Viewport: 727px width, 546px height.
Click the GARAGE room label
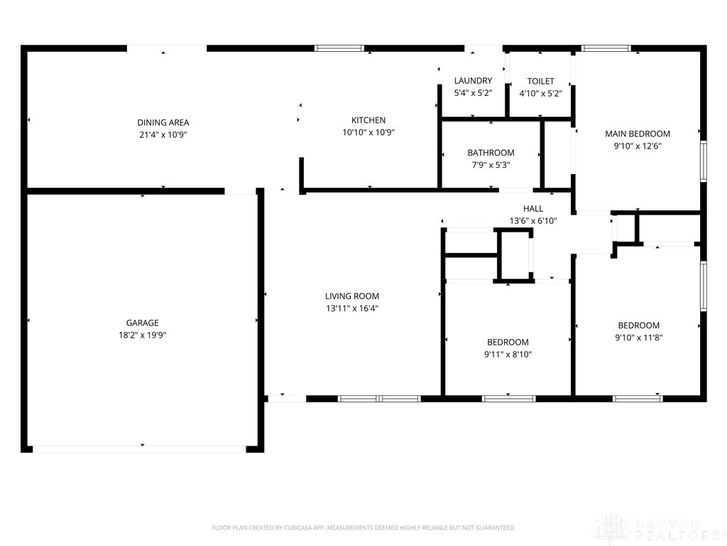(x=143, y=323)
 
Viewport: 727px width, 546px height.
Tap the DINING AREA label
(x=163, y=122)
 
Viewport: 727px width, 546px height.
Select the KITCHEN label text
(x=368, y=120)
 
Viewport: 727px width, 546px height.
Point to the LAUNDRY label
(x=473, y=81)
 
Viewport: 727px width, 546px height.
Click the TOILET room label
(x=540, y=81)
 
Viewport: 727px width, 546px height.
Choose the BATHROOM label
(x=491, y=153)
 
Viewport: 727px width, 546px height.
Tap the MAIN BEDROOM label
(x=637, y=134)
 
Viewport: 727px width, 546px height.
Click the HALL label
(x=533, y=208)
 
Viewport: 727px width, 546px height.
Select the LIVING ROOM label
(x=352, y=296)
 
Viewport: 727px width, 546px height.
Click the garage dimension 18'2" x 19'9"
(x=143, y=335)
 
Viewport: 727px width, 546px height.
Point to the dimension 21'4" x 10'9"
(x=163, y=134)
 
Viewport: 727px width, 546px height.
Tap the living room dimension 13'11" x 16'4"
(x=352, y=309)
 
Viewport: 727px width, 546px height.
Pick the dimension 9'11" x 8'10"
(x=508, y=354)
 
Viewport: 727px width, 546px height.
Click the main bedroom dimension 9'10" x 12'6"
(x=637, y=146)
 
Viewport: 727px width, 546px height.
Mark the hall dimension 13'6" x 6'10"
(x=533, y=220)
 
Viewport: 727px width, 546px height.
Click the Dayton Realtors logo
(x=657, y=529)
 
